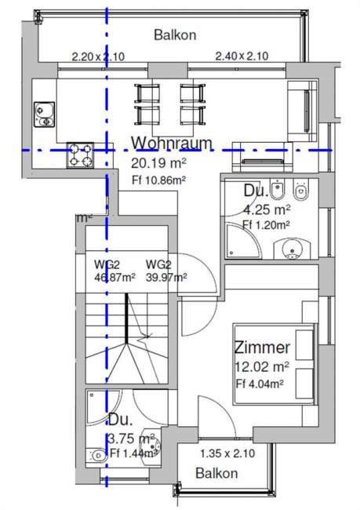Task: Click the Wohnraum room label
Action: pos(172,143)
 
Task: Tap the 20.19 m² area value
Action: pos(158,163)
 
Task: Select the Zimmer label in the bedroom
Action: pos(262,348)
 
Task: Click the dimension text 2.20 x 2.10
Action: pos(98,57)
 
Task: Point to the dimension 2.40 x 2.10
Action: pos(242,56)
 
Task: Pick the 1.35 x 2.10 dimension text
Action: pos(227,454)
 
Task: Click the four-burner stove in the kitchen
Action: pos(80,155)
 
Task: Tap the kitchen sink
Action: pos(45,115)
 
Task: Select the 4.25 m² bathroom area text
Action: pos(267,210)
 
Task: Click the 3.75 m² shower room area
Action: pos(131,439)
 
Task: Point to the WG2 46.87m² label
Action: pos(115,271)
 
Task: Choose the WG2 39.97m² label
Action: pos(166,271)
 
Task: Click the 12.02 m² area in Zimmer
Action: pos(262,367)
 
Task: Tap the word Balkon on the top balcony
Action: pos(175,35)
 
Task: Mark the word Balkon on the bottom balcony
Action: pos(216,473)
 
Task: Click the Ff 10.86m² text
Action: pos(158,180)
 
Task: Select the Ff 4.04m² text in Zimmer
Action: pos(260,384)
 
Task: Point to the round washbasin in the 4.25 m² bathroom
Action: pos(293,250)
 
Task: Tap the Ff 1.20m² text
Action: pos(266,224)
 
